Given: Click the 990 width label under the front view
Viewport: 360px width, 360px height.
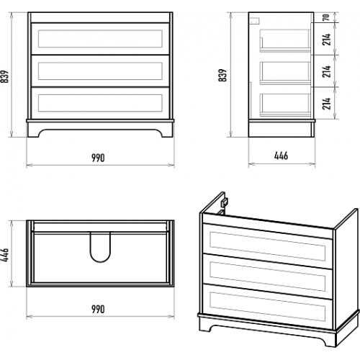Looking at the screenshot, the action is click(98, 158).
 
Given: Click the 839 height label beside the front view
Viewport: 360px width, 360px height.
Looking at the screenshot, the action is click(5, 76).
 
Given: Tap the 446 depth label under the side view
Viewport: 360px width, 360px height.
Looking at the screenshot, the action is click(281, 156).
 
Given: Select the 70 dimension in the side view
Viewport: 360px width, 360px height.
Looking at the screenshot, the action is click(325, 17).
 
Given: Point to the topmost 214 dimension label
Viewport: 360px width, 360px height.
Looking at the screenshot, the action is click(326, 40).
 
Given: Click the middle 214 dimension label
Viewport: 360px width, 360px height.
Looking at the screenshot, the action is click(326, 71).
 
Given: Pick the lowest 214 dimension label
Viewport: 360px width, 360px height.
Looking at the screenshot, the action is click(326, 104).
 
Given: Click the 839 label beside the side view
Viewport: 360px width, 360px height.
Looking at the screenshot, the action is click(222, 75).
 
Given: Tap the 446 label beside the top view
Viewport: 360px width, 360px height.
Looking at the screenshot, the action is click(5, 255).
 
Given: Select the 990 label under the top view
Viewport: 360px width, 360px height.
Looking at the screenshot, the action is click(98, 309).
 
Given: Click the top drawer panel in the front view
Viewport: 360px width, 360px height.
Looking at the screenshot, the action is click(100, 39).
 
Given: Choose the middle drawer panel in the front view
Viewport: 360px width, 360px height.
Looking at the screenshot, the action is click(100, 71).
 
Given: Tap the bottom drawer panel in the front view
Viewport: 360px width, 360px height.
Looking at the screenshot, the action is click(100, 103).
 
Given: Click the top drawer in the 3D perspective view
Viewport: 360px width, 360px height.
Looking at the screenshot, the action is click(267, 246).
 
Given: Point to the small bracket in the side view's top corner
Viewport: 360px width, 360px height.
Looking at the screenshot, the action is click(254, 21).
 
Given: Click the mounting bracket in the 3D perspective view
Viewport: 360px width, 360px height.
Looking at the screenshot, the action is click(225, 202).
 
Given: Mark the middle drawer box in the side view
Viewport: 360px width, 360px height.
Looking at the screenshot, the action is click(285, 73).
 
